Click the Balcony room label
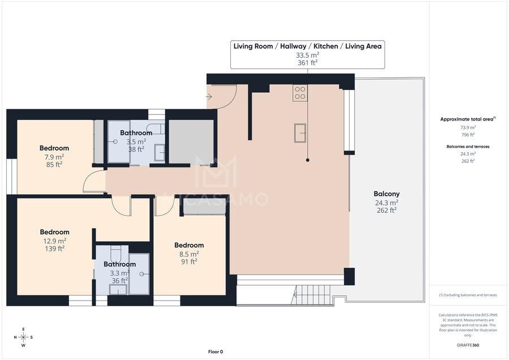coord(386,194)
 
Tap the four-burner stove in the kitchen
coord(300,93)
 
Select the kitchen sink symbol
coord(300,133)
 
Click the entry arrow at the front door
coord(209,96)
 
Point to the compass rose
coord(23,337)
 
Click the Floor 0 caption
coord(215,352)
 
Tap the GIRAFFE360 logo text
coord(468,345)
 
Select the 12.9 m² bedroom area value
coord(54,241)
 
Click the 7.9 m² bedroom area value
coord(54,157)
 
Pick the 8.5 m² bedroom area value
coord(189,254)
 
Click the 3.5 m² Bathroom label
coord(136,133)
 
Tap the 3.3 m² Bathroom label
coord(120,264)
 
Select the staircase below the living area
coord(313,295)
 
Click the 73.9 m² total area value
coord(468,127)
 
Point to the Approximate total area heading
coord(468,119)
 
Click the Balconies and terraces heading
coord(468,147)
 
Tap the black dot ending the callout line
coord(308,160)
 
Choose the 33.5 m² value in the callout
coord(308,55)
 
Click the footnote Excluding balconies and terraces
coord(468,295)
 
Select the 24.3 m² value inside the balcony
coord(386,203)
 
